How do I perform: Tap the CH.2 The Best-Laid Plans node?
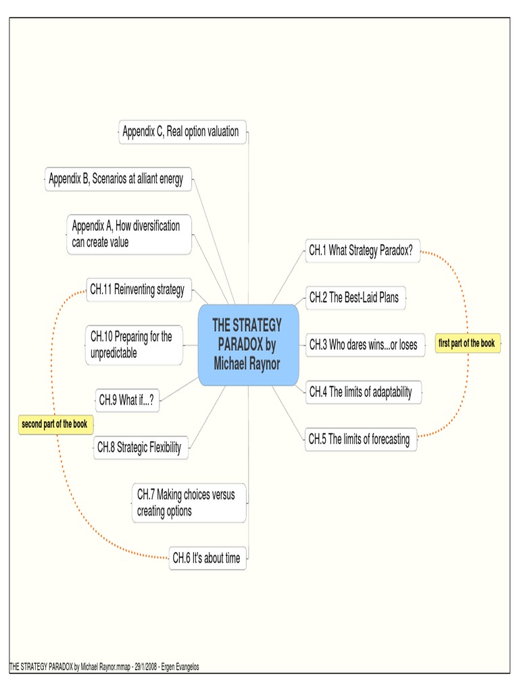point(356,297)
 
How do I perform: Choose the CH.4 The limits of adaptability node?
point(364,391)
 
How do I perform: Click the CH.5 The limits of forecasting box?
point(360,439)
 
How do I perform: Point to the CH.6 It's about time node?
point(207,557)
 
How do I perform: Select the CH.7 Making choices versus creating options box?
point(189,503)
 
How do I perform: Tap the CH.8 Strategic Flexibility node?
point(140,447)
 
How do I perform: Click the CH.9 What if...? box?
point(128,400)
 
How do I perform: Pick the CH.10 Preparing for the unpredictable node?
point(134,345)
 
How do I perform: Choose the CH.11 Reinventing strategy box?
point(139,290)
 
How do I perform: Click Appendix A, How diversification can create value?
point(128,234)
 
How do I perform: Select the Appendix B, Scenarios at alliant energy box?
point(118,179)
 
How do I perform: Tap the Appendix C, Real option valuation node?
point(181,132)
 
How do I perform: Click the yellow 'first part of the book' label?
point(466,343)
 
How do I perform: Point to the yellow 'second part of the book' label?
point(55,424)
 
